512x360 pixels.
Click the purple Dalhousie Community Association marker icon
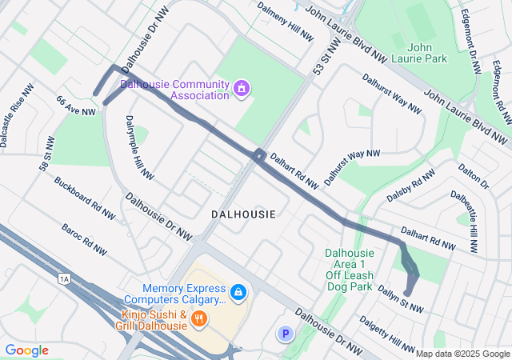(240, 87)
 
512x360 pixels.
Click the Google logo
(26, 350)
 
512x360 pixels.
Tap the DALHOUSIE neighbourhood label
(243, 214)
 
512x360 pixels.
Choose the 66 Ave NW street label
(76, 106)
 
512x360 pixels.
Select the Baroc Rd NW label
(83, 239)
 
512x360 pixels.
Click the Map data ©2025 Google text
(462, 353)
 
